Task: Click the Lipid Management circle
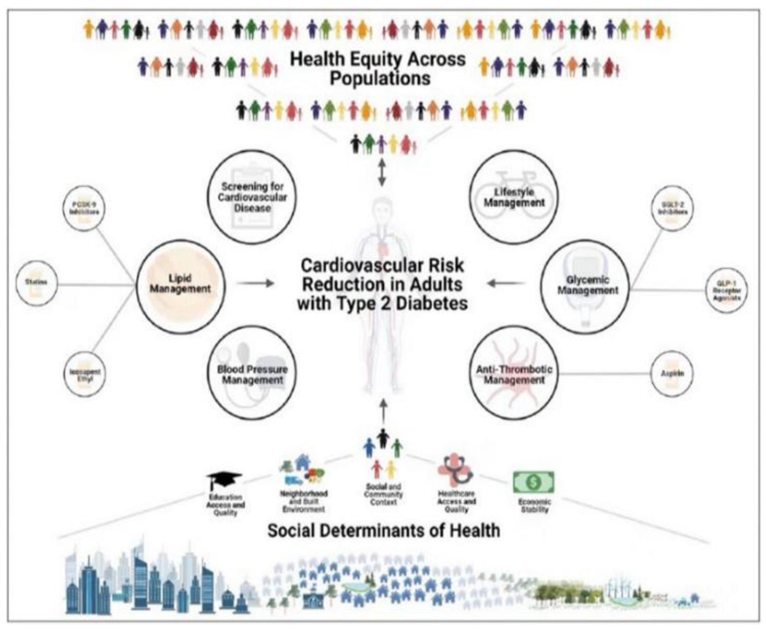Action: (x=180, y=286)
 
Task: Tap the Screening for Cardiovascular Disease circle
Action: (x=252, y=197)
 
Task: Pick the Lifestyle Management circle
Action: (x=514, y=197)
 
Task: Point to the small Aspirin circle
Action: (x=672, y=373)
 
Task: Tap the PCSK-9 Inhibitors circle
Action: (x=84, y=208)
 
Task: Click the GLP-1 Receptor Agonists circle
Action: (x=727, y=290)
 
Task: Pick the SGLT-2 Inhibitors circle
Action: (x=672, y=208)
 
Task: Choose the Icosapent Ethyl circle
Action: (x=84, y=374)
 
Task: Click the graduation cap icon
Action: (x=224, y=480)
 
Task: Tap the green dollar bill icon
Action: (x=534, y=482)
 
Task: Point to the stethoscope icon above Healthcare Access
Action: (x=456, y=470)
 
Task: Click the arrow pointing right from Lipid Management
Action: (x=255, y=283)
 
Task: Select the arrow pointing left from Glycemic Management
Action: (x=506, y=283)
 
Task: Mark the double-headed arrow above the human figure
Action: (x=382, y=173)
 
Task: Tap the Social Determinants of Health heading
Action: (x=383, y=530)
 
